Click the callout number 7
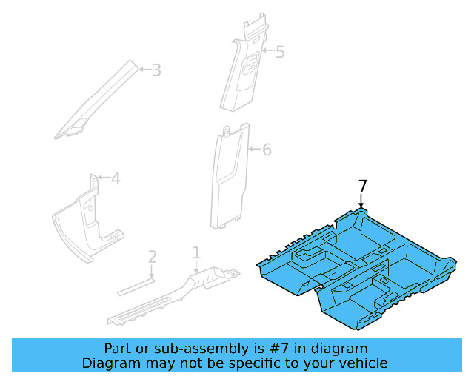362,186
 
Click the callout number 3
156,70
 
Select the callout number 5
279,52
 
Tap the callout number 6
267,150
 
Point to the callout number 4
116,178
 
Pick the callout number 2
152,257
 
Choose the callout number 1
196,253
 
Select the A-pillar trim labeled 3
96,104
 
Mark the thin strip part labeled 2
137,284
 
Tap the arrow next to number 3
144,70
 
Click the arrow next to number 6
253,150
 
